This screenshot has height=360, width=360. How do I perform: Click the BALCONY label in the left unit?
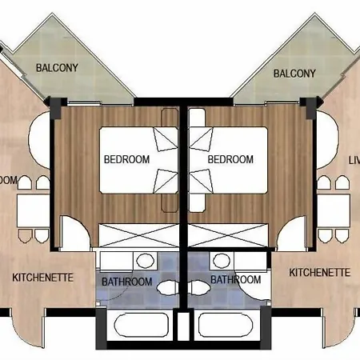point(56,67)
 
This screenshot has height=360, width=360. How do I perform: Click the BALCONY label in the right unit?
point(294,74)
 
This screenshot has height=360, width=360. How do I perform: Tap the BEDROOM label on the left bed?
point(126,159)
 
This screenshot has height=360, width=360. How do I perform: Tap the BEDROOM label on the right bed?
point(230,159)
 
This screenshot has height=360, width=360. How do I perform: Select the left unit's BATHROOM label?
point(126,282)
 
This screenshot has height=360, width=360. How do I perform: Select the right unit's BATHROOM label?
point(235,280)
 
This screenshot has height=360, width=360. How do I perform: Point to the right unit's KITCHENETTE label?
point(319,272)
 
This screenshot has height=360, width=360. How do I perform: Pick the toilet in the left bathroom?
point(169,286)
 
